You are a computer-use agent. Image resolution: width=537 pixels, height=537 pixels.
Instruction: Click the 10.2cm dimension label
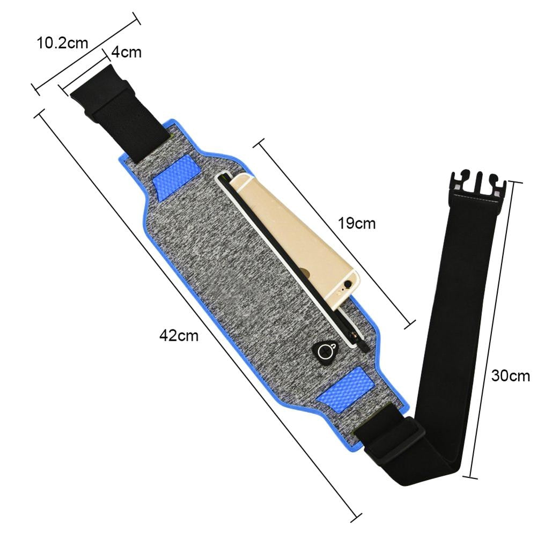pyautogui.click(x=62, y=43)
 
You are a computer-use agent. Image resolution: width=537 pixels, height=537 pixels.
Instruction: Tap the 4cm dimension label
pyautogui.click(x=127, y=52)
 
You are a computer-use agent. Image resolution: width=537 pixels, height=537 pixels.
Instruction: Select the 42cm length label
pyautogui.click(x=179, y=336)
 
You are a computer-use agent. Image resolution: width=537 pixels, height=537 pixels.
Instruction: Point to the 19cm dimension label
pyautogui.click(x=357, y=223)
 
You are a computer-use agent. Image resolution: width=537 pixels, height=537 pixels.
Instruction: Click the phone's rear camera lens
pyautogui.click(x=349, y=283)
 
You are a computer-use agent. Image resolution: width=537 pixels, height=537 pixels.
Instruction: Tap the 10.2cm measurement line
pyautogui.click(x=86, y=54)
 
